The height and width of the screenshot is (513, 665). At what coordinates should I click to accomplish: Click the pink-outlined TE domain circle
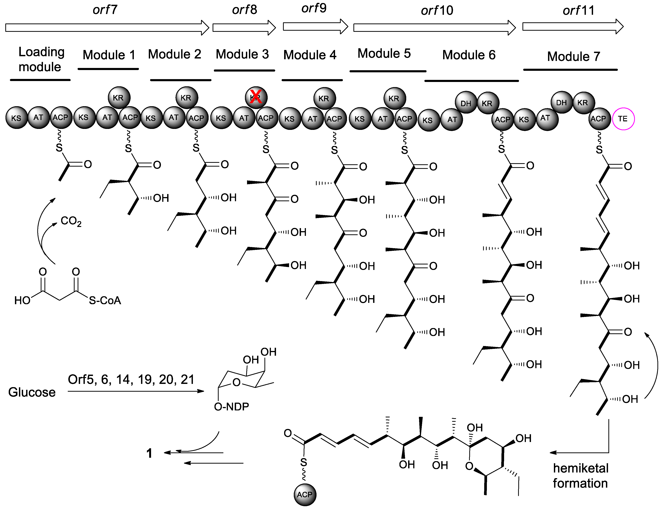click(x=623, y=119)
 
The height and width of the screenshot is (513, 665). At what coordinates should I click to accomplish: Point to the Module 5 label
click(x=384, y=54)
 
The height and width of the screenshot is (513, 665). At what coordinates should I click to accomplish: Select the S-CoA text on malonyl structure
click(x=105, y=300)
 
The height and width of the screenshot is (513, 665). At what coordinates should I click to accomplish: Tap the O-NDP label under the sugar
click(x=231, y=406)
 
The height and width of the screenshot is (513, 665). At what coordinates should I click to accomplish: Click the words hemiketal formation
click(x=580, y=476)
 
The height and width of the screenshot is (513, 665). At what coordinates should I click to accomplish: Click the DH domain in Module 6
click(x=465, y=103)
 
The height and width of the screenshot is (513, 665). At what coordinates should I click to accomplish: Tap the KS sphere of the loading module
click(x=16, y=118)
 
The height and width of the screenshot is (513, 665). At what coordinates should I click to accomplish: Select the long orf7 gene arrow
click(x=107, y=28)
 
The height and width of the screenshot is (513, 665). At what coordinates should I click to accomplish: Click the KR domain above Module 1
click(x=119, y=97)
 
